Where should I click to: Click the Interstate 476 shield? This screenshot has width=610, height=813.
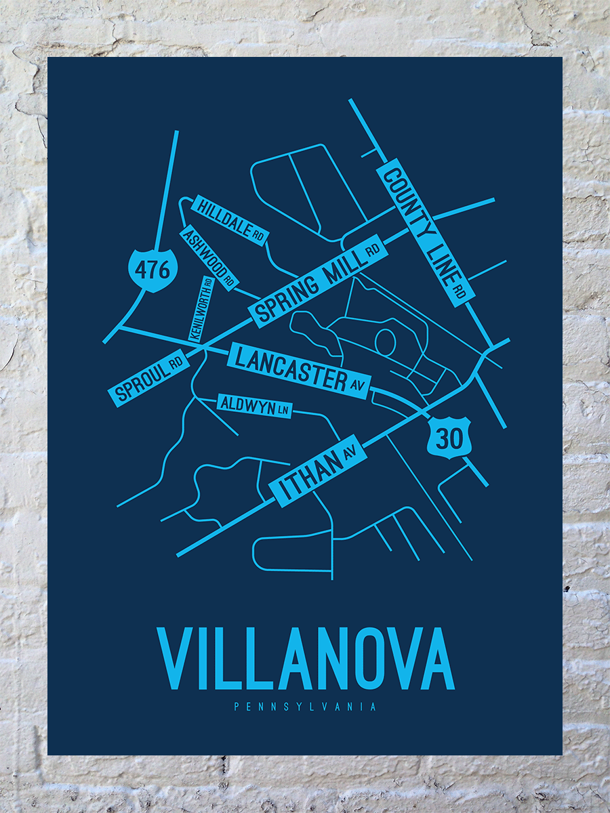[x=148, y=270]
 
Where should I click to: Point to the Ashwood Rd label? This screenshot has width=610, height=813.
[x=209, y=257]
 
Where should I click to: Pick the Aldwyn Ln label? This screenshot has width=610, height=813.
[x=254, y=405]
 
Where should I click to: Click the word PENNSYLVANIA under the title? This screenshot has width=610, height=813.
[x=305, y=707]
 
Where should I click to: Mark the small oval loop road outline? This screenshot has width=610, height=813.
[x=385, y=340]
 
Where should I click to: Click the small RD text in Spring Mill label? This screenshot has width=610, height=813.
[x=372, y=251]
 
